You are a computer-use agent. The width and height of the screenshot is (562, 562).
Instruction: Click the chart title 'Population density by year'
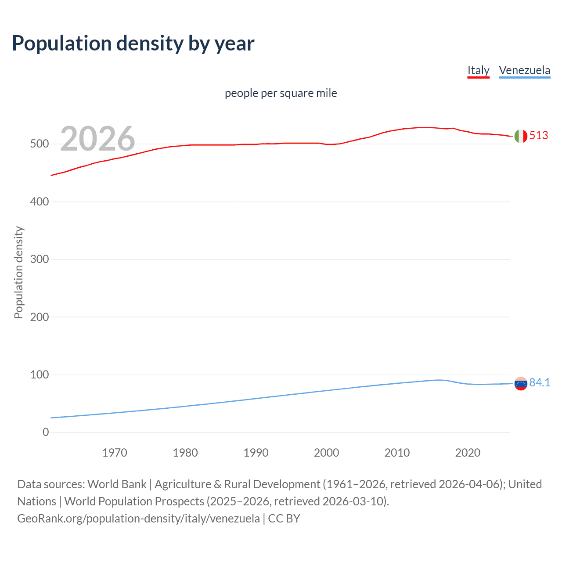(133, 43)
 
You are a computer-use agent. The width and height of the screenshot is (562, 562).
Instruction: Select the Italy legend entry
(478, 70)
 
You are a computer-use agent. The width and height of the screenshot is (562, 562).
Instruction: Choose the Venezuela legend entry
(524, 70)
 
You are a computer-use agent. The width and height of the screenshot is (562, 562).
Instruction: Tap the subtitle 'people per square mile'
(281, 93)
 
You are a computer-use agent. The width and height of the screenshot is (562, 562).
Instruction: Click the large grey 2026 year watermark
(97, 139)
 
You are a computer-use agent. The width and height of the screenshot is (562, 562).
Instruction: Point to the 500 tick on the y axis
(39, 144)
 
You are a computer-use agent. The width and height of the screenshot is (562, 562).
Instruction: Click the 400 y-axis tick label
(39, 202)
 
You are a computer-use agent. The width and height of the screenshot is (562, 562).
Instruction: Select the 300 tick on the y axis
(39, 259)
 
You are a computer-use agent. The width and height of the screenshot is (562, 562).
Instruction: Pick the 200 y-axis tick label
(39, 317)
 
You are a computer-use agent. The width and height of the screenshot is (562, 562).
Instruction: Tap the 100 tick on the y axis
(39, 375)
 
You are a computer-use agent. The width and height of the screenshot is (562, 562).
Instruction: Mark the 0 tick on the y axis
(46, 432)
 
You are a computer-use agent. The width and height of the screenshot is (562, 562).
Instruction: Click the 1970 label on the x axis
(115, 453)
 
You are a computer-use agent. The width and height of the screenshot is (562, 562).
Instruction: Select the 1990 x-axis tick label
(256, 453)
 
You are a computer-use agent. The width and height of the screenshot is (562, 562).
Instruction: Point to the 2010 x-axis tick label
(397, 453)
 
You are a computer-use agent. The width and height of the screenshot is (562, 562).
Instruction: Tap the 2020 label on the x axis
(468, 453)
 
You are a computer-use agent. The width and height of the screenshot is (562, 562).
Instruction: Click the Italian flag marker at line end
(521, 136)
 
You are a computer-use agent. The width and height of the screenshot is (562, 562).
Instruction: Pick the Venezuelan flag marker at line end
(521, 384)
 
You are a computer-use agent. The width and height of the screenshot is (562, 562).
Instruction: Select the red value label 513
(539, 135)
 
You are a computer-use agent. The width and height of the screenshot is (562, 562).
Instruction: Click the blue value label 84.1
(540, 383)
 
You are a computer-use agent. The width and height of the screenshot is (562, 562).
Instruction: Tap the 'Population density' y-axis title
(18, 272)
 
